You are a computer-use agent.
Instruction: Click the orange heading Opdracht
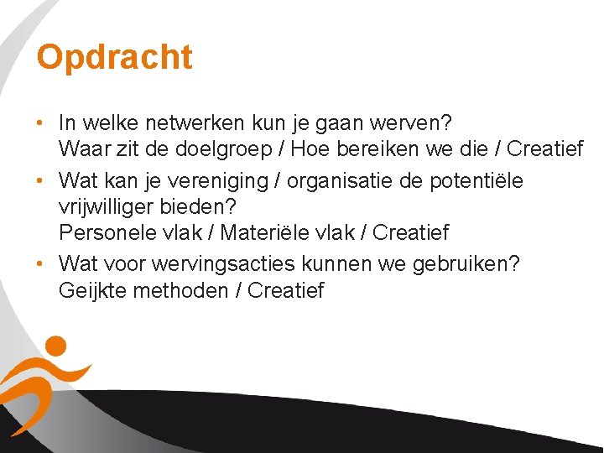click(115, 57)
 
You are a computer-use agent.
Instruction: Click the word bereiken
click(378, 149)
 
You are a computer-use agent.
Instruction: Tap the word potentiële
click(481, 180)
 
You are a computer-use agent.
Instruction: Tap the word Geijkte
click(91, 290)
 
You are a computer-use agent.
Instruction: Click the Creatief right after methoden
click(285, 290)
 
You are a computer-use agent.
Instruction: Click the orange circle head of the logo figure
click(55, 346)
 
